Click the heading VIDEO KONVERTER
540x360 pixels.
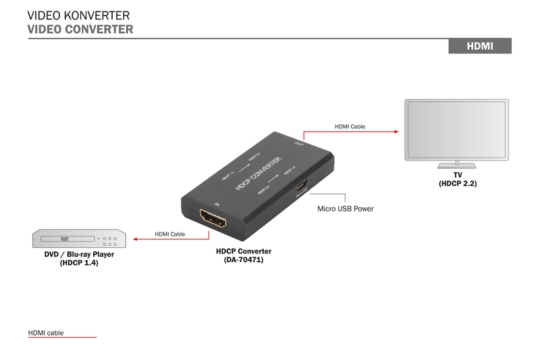pyautogui.click(x=78, y=16)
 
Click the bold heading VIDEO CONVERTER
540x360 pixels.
pyautogui.click(x=80, y=29)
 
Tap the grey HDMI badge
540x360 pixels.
pyautogui.click(x=480, y=46)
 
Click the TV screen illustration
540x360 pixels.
pyautogui.click(x=456, y=130)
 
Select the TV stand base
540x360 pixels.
pyautogui.click(x=456, y=165)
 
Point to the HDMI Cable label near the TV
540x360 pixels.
pyautogui.click(x=350, y=126)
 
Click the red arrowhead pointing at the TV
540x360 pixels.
pyautogui.click(x=396, y=132)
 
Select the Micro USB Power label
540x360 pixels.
pyautogui.click(x=345, y=209)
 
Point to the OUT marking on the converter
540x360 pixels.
pyautogui.click(x=299, y=143)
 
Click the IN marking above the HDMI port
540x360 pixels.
pyautogui.click(x=217, y=203)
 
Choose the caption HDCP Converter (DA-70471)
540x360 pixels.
pyautogui.click(x=244, y=255)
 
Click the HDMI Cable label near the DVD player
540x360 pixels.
pyautogui.click(x=169, y=234)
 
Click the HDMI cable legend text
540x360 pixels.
pyautogui.click(x=46, y=332)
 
